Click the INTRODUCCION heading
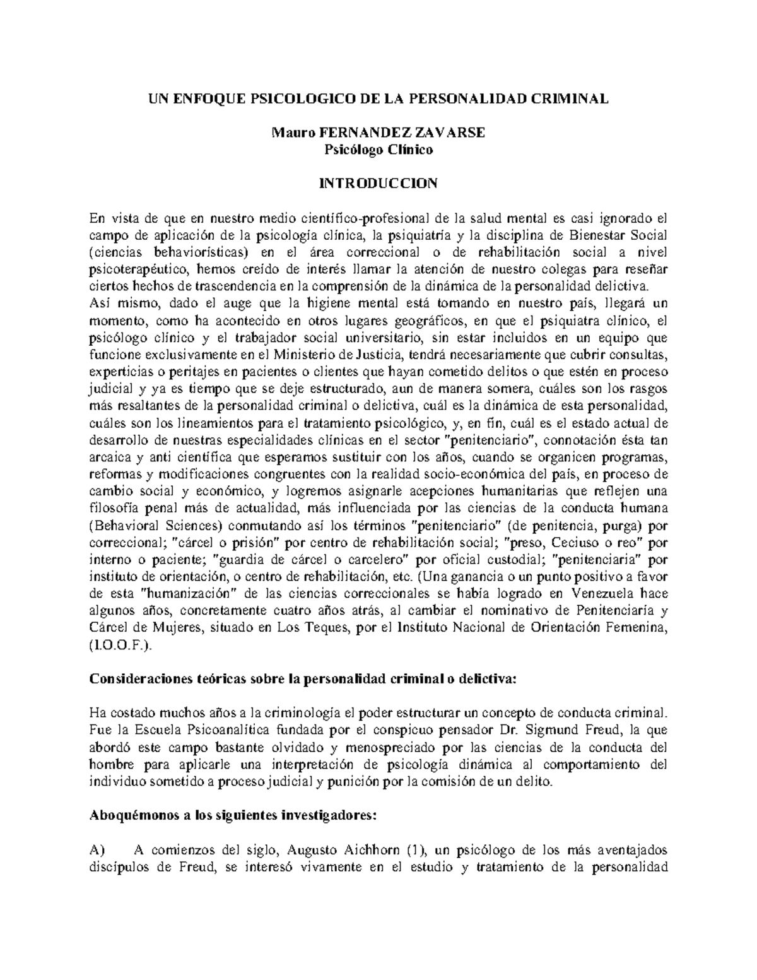(378, 184)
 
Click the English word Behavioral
(123, 525)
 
